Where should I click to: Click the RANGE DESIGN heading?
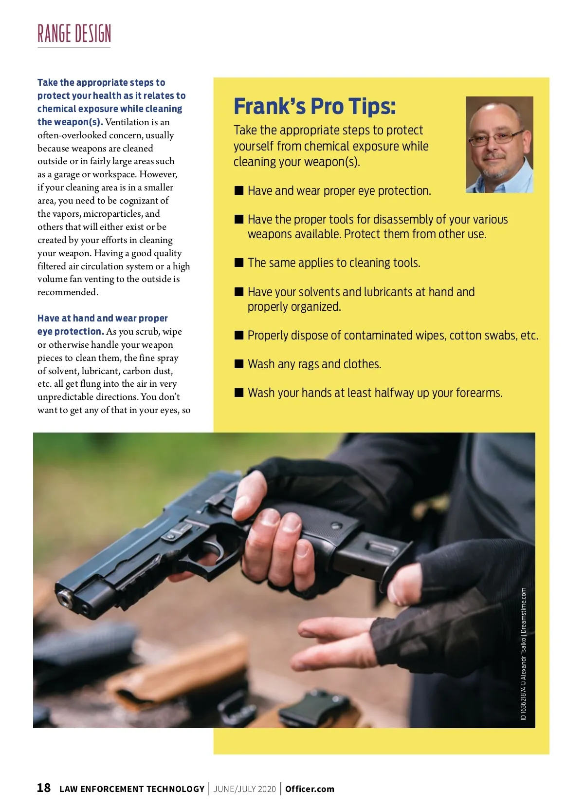pos(74,34)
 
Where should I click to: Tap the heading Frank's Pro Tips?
pos(314,106)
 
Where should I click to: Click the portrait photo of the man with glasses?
pos(499,145)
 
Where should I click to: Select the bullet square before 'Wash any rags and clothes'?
pos(239,364)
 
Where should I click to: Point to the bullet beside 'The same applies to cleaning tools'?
pos(239,263)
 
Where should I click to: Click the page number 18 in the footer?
pos(44,788)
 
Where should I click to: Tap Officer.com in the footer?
pos(310,789)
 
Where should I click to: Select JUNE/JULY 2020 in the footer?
pos(244,789)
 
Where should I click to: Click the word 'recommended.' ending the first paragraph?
pos(68,292)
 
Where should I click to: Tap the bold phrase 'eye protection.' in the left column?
pos(71,332)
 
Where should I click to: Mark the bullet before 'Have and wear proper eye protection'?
pos(239,190)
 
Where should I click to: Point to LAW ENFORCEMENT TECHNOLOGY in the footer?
pos(132,789)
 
